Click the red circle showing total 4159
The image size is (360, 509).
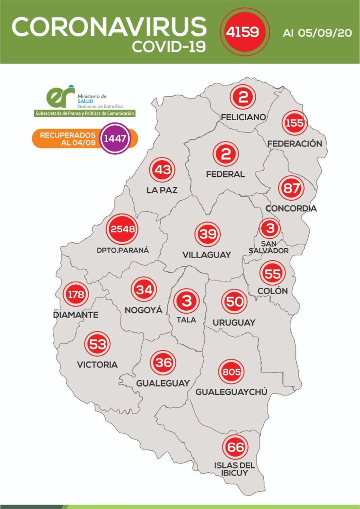coord(242,32)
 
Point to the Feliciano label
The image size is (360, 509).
coord(243,117)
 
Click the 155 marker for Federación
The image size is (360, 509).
coord(294,123)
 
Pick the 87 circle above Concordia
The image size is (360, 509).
coord(291,188)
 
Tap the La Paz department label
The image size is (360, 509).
coord(162,190)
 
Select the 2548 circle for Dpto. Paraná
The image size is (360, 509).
coord(122,230)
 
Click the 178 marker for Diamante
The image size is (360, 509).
coord(76,295)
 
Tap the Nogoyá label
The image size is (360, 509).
coord(143,310)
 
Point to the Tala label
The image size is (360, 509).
coord(186,319)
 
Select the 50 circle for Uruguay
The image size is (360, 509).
coord(234,301)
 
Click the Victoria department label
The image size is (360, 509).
coord(97,364)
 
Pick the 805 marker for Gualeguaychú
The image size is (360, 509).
coord(231,372)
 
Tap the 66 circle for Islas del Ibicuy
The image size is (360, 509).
coord(234,447)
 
